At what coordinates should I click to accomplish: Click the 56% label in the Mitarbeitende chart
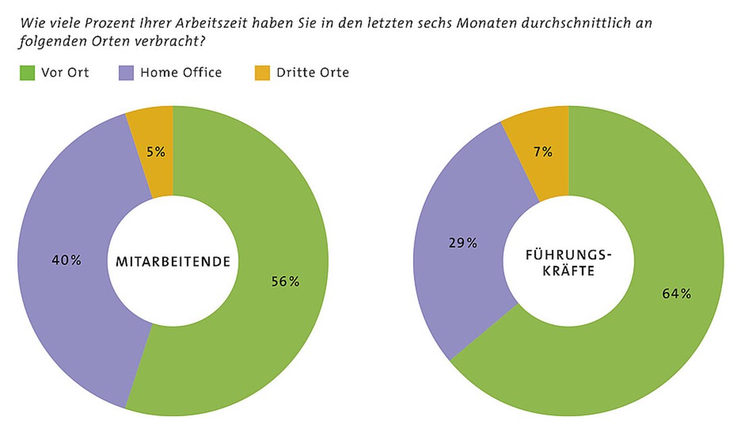285,281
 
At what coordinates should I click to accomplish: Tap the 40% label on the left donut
66,260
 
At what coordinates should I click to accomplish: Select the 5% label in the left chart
155,152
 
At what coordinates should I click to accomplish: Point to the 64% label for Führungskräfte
676,294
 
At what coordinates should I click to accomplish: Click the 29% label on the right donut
462,243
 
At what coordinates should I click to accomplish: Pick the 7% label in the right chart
543,152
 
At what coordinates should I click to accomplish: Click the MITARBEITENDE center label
173,263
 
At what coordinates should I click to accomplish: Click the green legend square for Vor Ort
27,73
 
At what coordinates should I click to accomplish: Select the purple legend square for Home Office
126,73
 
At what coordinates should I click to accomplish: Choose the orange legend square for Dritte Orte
262,73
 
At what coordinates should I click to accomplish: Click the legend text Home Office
181,73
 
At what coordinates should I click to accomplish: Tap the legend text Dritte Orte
313,73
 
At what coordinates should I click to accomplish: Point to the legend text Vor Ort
65,73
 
